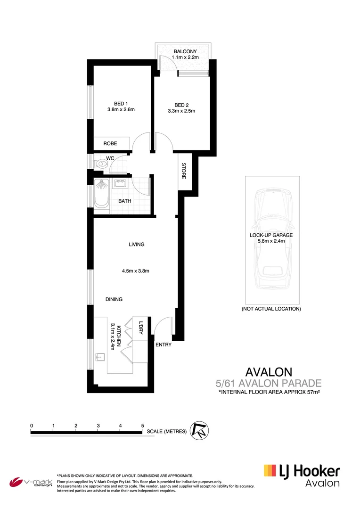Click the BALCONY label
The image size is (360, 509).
click(185, 51)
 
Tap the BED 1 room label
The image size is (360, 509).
click(121, 104)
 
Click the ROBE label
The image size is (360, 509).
click(110, 143)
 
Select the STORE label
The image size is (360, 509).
click(184, 171)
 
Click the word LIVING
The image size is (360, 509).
click(137, 245)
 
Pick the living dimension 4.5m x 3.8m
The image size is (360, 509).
click(136, 271)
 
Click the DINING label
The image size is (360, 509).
click(114, 299)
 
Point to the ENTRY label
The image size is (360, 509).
click(163, 345)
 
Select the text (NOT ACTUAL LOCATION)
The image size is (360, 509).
click(271, 309)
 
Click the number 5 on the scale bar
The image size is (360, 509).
click(142, 426)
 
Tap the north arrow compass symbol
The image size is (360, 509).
click(199, 430)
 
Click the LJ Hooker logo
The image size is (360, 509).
click(302, 475)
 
